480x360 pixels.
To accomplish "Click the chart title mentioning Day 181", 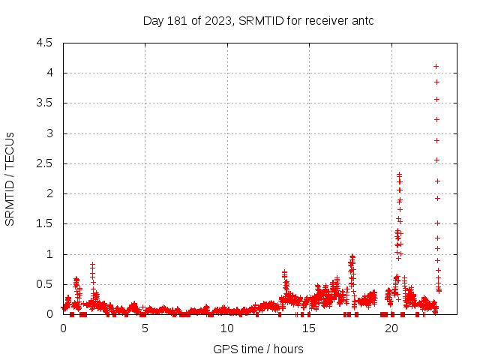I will [x=258, y=21].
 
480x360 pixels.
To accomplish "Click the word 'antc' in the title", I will [x=361, y=21].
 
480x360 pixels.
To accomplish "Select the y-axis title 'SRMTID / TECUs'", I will [x=10, y=178].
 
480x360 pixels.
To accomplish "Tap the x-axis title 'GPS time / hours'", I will [x=258, y=349].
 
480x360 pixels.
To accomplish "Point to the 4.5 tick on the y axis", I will [x=44, y=43].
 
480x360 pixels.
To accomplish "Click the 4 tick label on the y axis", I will [x=49, y=73].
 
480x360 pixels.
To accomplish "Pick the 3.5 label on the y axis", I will [x=44, y=103].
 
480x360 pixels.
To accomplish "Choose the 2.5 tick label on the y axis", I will [x=44, y=163].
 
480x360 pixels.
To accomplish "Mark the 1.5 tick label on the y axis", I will [x=44, y=224].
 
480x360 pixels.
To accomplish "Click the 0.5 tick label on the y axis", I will [x=44, y=284].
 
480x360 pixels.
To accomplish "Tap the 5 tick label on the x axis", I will [x=145, y=328].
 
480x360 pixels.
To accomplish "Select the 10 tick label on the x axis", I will [x=226, y=328].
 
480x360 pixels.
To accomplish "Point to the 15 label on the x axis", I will [x=308, y=328].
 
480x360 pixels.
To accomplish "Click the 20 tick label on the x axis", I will [x=390, y=328].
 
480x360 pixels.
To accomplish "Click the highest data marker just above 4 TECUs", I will [x=436, y=66].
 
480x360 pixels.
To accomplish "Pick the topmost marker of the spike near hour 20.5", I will [x=399, y=174].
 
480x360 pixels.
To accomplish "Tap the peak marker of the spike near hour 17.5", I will [x=352, y=256].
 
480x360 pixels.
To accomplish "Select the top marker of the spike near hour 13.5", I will [x=284, y=272].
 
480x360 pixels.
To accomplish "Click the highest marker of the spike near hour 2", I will [x=92, y=264].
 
